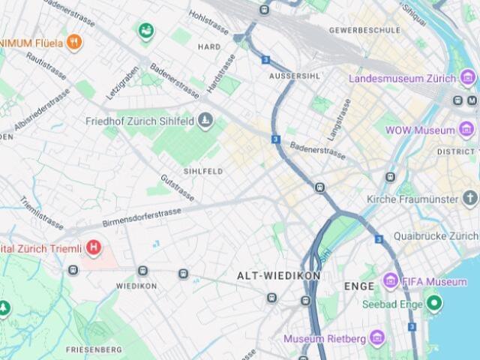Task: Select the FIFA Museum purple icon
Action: [x=390, y=281]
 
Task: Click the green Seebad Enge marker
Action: [x=433, y=304]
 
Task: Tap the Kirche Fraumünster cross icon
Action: [x=470, y=199]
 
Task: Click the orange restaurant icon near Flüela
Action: [x=73, y=42]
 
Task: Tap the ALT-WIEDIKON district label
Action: [x=279, y=276]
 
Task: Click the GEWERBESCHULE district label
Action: [x=364, y=31]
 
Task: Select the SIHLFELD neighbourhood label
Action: [x=202, y=171]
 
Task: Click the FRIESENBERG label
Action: [x=94, y=349]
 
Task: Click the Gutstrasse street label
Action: [x=177, y=188]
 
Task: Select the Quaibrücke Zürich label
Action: [x=435, y=235]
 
